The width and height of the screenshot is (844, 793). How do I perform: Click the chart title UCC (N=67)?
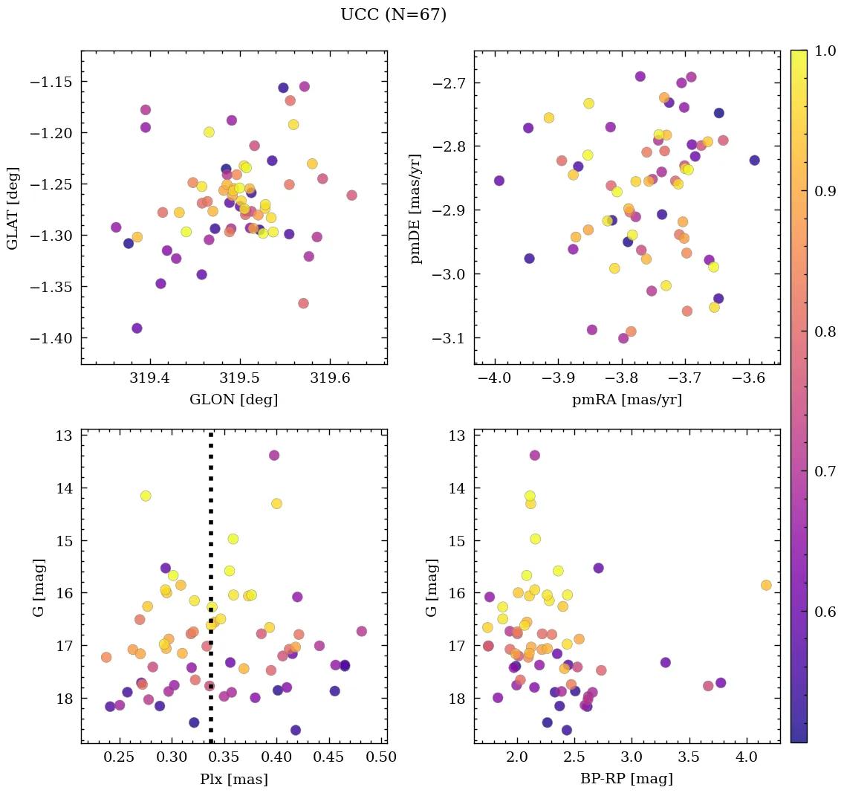point(393,15)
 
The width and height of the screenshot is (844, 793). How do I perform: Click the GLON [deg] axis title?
point(233,400)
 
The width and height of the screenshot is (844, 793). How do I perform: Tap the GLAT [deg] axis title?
point(13,207)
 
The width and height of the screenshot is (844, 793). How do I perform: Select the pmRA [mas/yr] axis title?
point(626,400)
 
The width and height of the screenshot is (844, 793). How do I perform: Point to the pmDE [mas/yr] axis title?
point(417,207)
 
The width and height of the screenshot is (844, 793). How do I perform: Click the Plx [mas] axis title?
point(233,780)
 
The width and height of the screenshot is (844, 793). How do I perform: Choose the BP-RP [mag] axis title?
point(626,780)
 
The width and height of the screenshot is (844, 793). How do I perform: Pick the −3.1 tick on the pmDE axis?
point(448,338)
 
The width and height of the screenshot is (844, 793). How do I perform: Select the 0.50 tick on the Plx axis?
point(383,757)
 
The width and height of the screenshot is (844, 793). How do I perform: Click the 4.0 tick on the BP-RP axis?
point(747,757)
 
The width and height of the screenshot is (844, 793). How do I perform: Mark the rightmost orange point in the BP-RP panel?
point(766,585)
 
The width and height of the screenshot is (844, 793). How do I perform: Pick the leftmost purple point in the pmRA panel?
point(499,181)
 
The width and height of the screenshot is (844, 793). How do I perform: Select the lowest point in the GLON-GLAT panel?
point(137,328)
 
